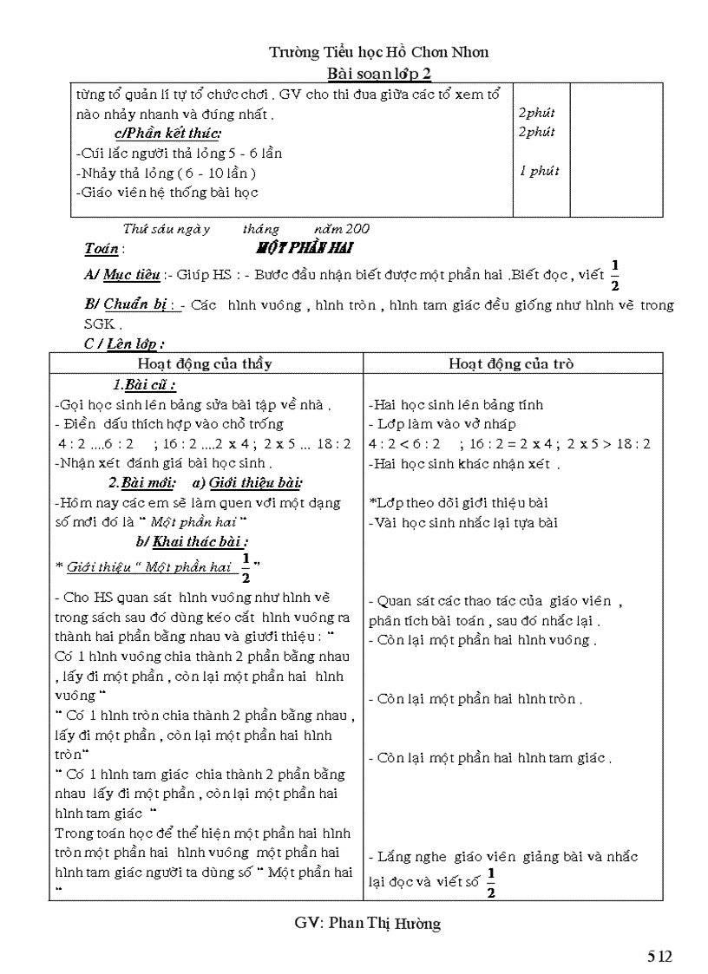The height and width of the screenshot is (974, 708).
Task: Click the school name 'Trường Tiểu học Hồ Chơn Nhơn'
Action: coord(378,52)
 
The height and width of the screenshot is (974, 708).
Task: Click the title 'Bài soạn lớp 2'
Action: coord(378,73)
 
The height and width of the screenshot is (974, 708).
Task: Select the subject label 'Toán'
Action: coord(102,249)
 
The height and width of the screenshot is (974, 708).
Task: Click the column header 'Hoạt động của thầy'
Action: coord(205,363)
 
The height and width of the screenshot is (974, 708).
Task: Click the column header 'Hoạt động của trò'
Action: coord(511,363)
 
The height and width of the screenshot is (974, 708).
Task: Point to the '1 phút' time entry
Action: coord(539,171)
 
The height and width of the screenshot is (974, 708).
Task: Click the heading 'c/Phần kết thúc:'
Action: coord(167,133)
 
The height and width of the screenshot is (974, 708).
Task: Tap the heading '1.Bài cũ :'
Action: coord(144,385)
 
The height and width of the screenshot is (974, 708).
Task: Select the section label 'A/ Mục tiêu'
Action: coord(122,275)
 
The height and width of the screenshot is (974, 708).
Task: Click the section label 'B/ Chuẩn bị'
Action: coord(130,305)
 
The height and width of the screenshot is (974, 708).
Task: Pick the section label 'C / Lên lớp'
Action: coord(124,344)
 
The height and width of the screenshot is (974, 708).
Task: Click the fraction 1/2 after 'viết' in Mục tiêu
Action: coord(615,275)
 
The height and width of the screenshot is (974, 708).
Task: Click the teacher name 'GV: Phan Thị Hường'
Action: coord(367,923)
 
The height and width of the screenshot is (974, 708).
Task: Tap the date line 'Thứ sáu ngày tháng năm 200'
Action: coord(246,229)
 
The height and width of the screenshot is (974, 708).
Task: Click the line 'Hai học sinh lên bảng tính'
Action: coord(456,404)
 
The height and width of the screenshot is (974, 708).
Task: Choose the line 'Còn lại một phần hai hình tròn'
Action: coord(480,699)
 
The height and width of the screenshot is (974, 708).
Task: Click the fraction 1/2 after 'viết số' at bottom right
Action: coord(491,882)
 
